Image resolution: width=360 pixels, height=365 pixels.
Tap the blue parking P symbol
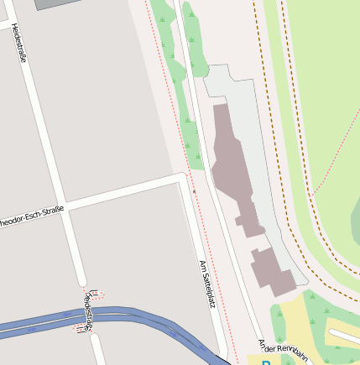pos(266,362)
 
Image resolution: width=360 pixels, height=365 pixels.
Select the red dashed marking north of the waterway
pos(97,294)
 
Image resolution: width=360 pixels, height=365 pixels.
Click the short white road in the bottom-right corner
pos(344,336)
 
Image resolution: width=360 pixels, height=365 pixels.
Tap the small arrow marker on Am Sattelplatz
pos(195,191)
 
